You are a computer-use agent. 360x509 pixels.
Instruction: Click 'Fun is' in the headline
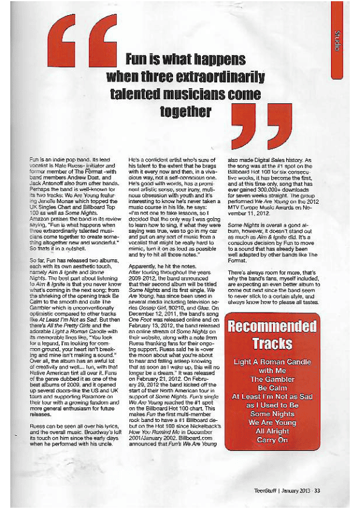[x=144, y=59]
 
